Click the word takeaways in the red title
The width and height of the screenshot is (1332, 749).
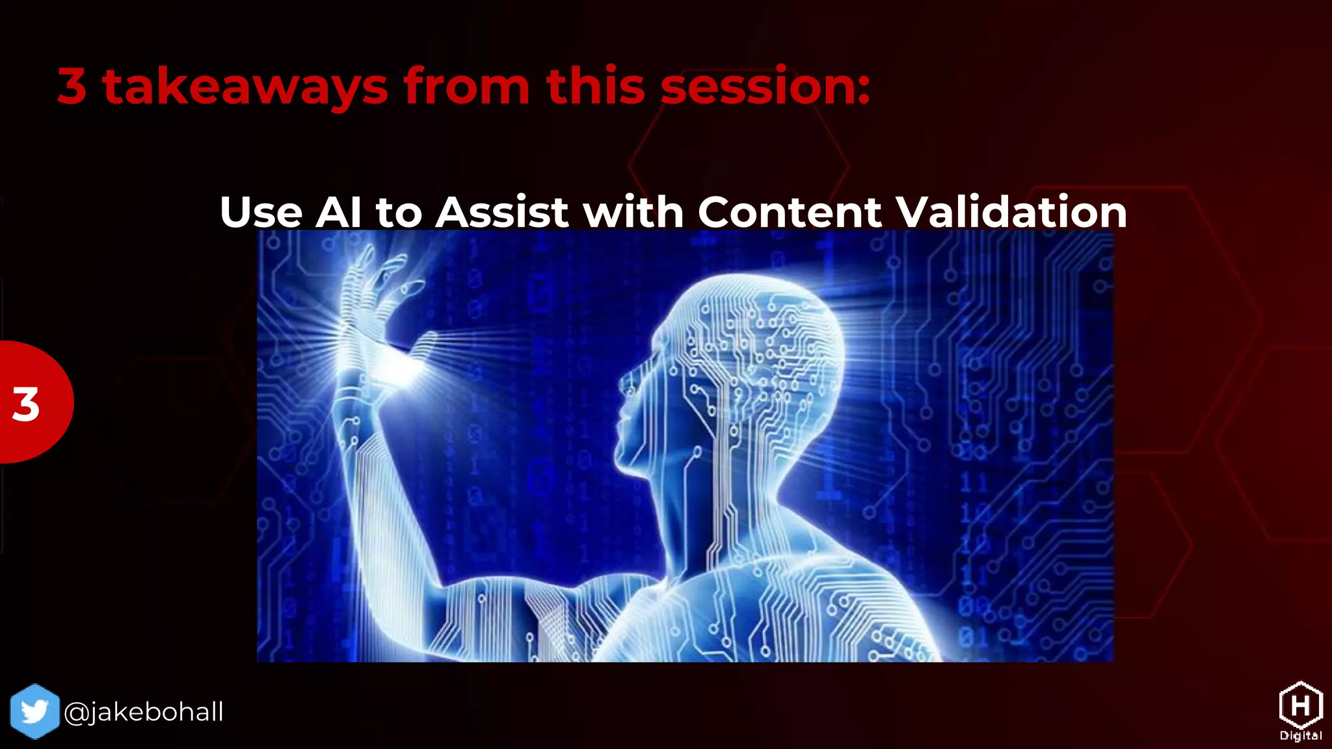coord(245,86)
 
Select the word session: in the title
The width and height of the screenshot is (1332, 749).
coord(765,86)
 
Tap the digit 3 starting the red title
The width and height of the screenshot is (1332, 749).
coord(72,86)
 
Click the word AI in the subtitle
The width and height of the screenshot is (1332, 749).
coord(338,212)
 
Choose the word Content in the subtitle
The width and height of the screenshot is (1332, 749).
coord(790,212)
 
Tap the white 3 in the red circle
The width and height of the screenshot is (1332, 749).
coord(26,404)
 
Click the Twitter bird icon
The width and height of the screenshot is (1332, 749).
coord(34,711)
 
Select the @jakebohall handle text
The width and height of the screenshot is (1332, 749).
coord(144,712)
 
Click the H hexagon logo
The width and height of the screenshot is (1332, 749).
coord(1300,705)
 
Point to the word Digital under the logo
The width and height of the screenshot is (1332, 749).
coord(1300,736)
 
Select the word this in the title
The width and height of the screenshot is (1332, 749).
coord(596,86)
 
